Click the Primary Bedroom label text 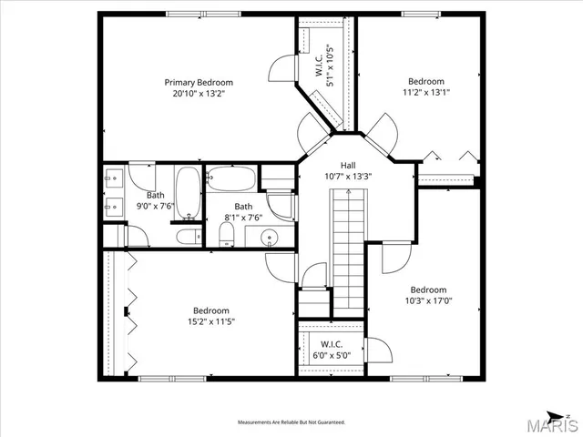(x=199, y=81)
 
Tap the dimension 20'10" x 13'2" (x=199, y=93)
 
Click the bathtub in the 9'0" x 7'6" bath (x=188, y=193)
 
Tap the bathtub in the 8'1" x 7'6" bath (x=230, y=178)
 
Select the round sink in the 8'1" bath (x=270, y=239)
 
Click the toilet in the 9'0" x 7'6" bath (x=189, y=238)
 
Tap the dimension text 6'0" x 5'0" (x=330, y=355)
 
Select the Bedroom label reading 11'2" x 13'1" (x=425, y=81)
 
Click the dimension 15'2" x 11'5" (x=211, y=321)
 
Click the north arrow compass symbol (x=568, y=416)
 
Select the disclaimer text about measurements (x=291, y=422)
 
